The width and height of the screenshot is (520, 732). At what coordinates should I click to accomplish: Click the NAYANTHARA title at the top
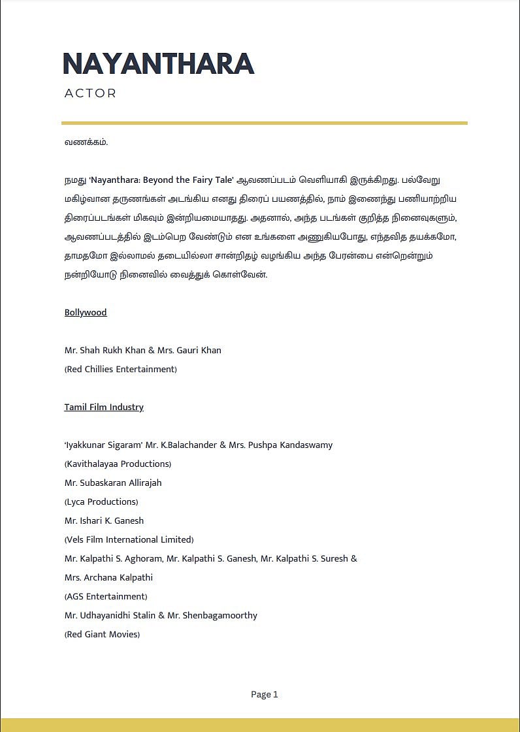coord(158,64)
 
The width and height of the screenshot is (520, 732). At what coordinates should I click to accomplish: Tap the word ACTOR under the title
coord(90,93)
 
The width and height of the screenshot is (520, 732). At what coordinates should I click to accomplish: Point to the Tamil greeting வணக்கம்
coord(86,142)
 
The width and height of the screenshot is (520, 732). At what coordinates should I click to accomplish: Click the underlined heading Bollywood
coord(86,312)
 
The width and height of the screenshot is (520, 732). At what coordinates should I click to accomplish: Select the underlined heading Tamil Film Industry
coord(104,407)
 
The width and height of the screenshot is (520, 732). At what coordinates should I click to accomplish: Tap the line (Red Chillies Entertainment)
coord(121,369)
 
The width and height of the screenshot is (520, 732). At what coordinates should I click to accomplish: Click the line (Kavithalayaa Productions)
coord(118,464)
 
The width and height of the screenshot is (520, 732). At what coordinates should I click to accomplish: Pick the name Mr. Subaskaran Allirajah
coord(113,483)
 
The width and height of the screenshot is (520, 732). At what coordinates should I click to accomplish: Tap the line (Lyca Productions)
coord(101,501)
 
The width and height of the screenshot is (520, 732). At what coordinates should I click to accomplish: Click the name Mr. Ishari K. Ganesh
coord(104,520)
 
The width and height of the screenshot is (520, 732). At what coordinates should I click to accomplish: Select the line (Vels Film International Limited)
coord(129,539)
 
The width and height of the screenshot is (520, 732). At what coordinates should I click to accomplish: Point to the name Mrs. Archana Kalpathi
coord(108,577)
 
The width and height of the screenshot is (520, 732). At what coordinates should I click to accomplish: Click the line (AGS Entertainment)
coord(106,596)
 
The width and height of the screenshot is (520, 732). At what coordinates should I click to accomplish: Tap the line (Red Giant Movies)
coord(102,634)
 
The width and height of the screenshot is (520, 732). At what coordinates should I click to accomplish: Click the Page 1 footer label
coord(265,694)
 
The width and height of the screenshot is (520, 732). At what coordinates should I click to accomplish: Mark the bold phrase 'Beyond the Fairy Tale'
coord(188,180)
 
